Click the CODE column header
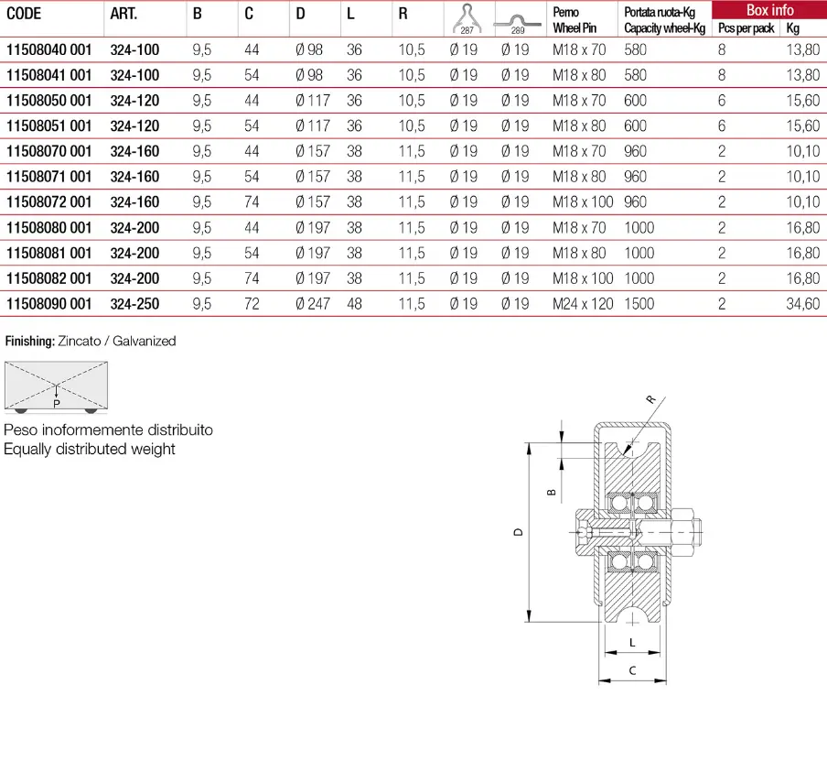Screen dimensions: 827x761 click(24, 14)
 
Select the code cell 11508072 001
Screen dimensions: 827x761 click(49, 201)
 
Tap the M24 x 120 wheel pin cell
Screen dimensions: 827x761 click(583, 304)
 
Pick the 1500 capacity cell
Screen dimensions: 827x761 click(639, 304)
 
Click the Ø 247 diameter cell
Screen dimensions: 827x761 click(313, 304)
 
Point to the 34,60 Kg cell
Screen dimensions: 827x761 click(802, 304)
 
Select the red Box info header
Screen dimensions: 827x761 click(769, 10)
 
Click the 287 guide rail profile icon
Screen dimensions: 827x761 click(467, 19)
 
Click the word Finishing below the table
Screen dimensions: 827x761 click(29, 342)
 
